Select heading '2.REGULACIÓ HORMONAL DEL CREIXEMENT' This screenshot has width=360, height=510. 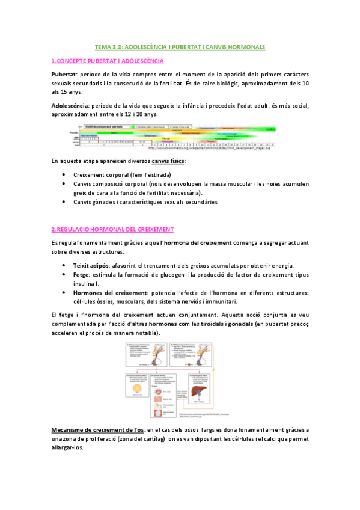pos(112,229)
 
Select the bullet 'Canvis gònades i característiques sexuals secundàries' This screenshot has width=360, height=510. pos(145,202)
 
